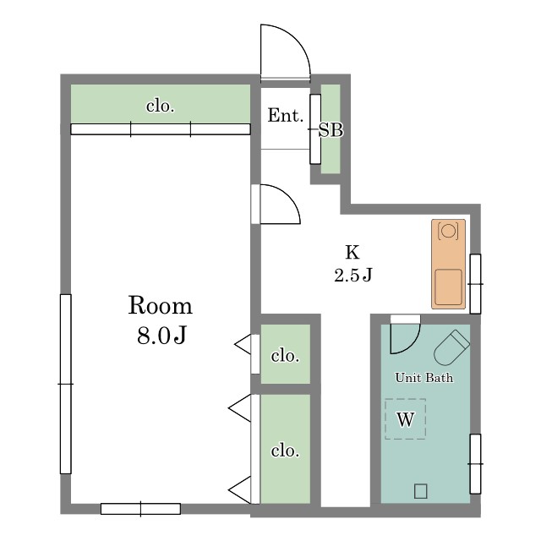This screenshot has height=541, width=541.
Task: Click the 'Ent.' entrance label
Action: (x=286, y=115)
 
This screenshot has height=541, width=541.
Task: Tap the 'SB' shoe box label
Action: (x=331, y=130)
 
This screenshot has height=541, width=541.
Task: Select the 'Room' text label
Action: (x=160, y=305)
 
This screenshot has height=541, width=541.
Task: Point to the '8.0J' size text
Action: (x=161, y=335)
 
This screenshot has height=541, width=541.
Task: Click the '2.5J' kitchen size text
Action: (x=352, y=275)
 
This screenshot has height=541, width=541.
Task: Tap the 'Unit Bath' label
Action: (x=424, y=378)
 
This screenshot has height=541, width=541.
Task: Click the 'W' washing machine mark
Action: (x=406, y=419)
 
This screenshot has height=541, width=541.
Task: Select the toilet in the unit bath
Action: (x=451, y=347)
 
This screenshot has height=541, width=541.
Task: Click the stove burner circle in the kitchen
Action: (x=448, y=231)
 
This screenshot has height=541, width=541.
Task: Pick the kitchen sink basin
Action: (x=448, y=287)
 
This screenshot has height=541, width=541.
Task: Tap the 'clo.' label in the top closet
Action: (x=160, y=106)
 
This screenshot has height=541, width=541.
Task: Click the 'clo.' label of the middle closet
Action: (x=285, y=355)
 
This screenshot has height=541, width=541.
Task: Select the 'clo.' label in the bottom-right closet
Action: (x=285, y=451)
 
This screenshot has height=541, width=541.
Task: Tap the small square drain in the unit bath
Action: (x=421, y=491)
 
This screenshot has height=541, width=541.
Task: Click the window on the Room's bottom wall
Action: (x=140, y=509)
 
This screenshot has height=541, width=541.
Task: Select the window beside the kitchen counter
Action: (x=475, y=284)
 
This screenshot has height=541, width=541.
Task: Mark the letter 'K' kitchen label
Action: (x=352, y=252)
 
